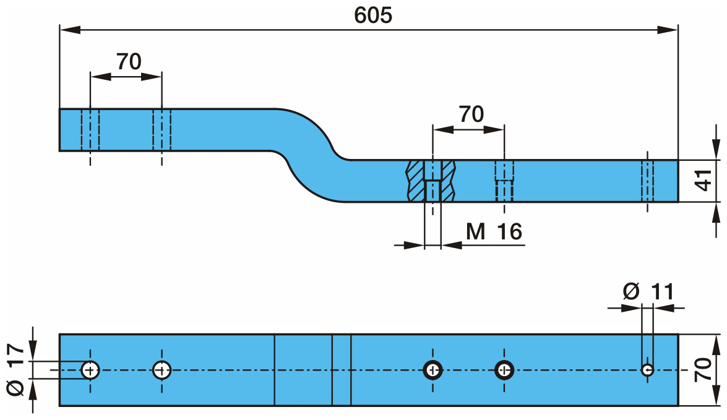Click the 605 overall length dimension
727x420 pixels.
(372, 15)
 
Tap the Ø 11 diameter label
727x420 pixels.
(648, 291)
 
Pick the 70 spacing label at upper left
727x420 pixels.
(128, 61)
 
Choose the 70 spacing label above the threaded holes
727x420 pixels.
(471, 114)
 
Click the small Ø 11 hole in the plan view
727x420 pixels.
(647, 370)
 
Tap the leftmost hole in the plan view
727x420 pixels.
(90, 370)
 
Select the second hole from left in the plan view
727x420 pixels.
(162, 370)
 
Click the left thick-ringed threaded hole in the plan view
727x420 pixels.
(432, 370)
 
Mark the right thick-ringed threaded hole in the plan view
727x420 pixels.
(505, 370)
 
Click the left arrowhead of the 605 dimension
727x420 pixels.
(67, 28)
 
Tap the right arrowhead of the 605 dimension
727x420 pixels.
(671, 28)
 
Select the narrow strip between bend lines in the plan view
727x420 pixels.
(342, 370)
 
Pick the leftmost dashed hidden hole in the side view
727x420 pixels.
(90, 129)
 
